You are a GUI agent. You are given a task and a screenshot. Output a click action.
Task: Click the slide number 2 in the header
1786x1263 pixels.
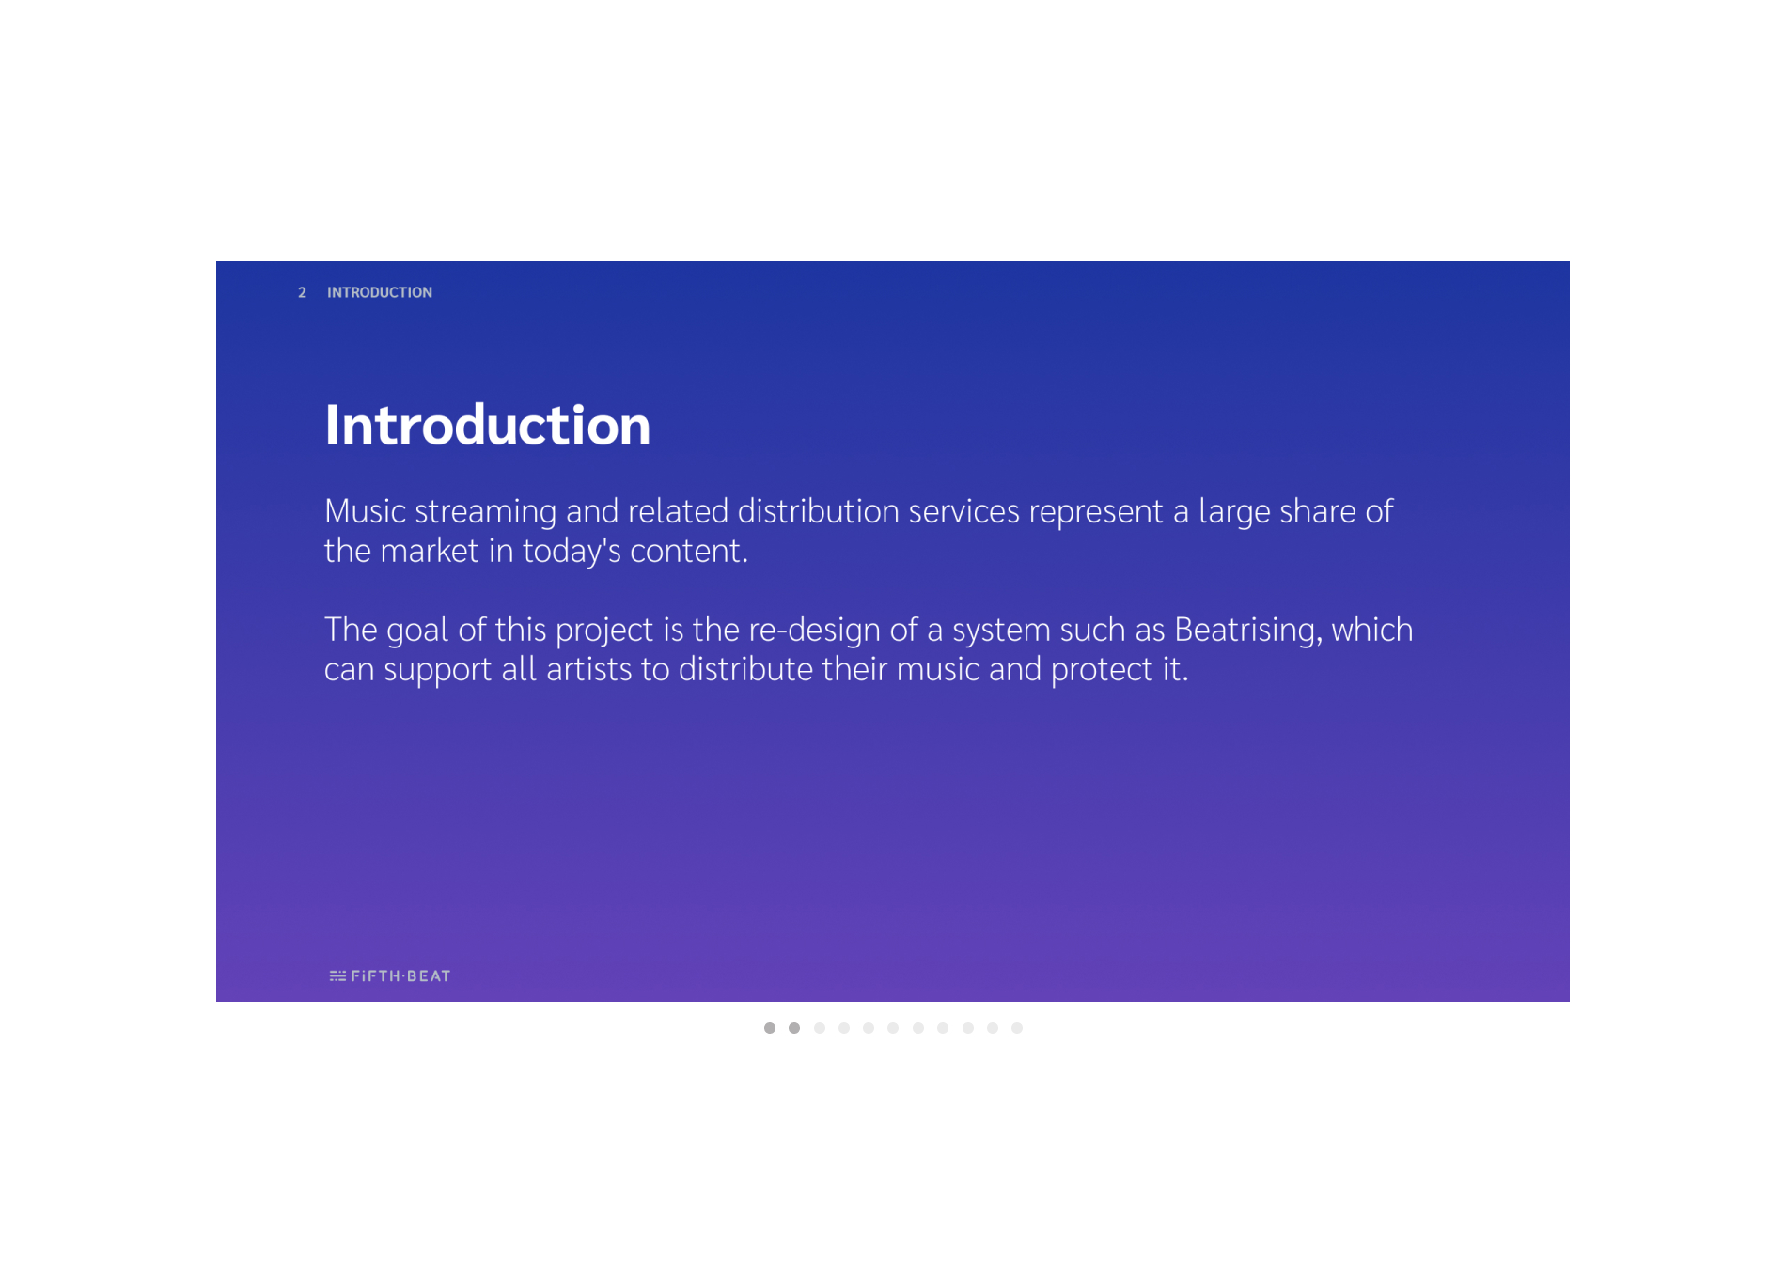(302, 293)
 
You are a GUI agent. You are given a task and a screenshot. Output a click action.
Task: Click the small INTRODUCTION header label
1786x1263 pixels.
(380, 293)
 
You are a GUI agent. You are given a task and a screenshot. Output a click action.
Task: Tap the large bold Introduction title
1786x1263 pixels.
(487, 425)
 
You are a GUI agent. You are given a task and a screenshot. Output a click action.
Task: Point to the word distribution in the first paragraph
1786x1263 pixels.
(818, 511)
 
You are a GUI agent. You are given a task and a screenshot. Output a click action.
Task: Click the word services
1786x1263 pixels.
(963, 511)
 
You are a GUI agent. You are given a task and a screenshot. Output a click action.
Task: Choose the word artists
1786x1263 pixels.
(588, 669)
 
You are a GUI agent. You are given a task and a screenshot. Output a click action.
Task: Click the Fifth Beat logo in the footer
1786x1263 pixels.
(390, 976)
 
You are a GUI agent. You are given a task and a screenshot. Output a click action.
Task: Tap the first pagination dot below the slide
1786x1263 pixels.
(770, 1028)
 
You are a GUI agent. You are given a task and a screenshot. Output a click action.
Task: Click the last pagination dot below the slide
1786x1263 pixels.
(1017, 1028)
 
